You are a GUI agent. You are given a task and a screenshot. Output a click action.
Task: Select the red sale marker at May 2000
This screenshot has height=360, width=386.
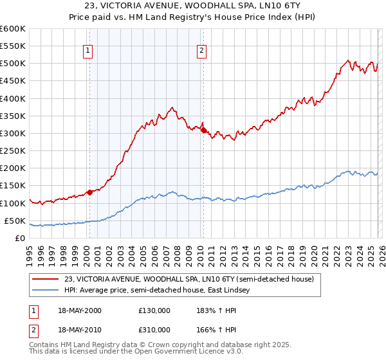[89, 192]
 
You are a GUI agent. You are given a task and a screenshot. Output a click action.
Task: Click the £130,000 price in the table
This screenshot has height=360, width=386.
[154, 310]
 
